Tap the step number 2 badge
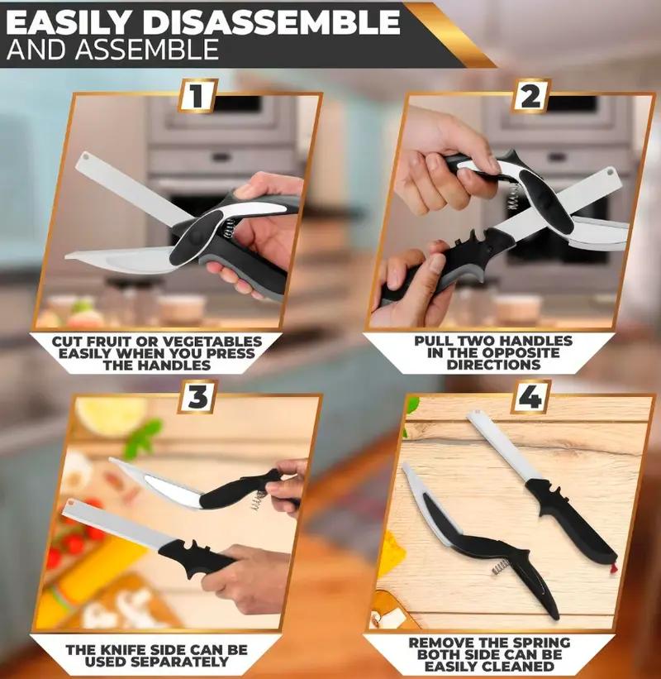coord(530,96)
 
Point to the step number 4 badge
coord(530,398)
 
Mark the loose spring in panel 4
coord(499,566)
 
